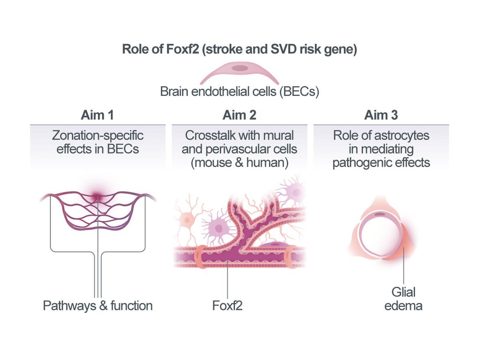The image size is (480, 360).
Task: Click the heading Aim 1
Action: pyautogui.click(x=97, y=115)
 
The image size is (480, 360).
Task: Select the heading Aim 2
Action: pyautogui.click(x=239, y=115)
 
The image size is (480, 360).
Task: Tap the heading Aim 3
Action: pyautogui.click(x=381, y=115)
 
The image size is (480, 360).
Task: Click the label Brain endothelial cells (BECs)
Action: pyautogui.click(x=240, y=92)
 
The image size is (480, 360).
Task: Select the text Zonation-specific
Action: pyautogui.click(x=98, y=136)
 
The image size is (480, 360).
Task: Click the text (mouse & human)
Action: pyautogui.click(x=240, y=162)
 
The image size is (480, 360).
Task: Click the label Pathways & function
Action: pyautogui.click(x=98, y=306)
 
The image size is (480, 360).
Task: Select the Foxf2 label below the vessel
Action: pyautogui.click(x=227, y=306)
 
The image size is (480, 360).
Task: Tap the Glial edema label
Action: pyautogui.click(x=403, y=299)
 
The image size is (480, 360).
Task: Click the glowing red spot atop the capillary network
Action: pyautogui.click(x=98, y=195)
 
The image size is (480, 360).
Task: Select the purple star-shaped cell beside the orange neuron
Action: pyautogui.click(x=217, y=226)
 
